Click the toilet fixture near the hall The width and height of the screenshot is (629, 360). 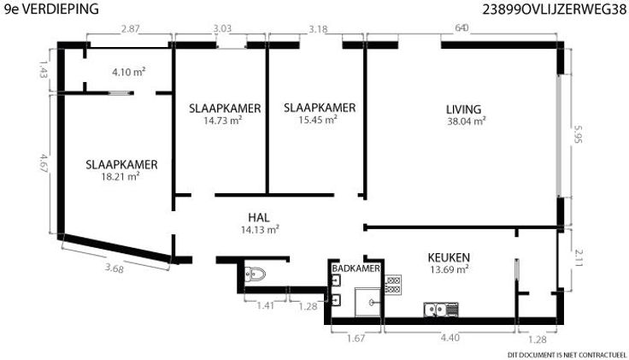256,274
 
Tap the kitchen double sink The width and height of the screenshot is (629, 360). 441,310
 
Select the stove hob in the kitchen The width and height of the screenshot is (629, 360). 393,285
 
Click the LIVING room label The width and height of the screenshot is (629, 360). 463,109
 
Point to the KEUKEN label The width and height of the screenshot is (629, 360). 449,257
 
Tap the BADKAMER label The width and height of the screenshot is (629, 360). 356,269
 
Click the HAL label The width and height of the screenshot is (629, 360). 259,217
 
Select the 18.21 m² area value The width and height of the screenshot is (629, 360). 121,177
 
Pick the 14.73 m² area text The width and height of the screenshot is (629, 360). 223,121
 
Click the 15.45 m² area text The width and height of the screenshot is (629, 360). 318,120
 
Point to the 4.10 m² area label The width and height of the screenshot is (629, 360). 128,72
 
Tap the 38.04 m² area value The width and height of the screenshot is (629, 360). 467,121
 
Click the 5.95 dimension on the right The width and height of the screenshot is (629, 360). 577,134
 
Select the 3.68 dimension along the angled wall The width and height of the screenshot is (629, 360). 115,268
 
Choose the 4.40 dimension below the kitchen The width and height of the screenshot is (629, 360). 450,338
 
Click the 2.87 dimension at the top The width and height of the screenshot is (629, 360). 131,28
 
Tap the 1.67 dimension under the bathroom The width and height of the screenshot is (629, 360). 356,339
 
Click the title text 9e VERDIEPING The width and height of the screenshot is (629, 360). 51,9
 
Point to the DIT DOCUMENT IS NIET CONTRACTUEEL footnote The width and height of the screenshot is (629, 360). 567,355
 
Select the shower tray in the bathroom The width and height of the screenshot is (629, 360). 367,302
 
